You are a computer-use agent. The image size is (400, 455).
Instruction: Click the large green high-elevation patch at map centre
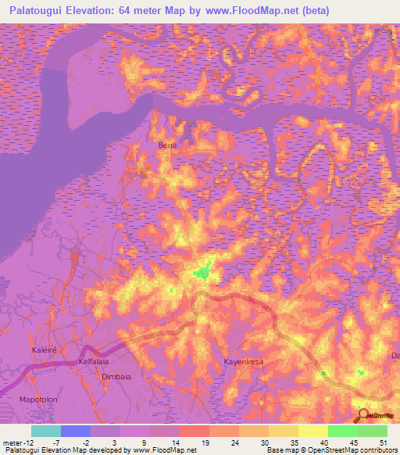tap(203, 272)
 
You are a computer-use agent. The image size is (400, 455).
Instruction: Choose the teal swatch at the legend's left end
tap(45, 431)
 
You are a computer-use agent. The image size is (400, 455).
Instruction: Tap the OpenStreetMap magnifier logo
tap(362, 415)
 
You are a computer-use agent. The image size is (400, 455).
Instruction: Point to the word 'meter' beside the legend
tap(12, 442)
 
